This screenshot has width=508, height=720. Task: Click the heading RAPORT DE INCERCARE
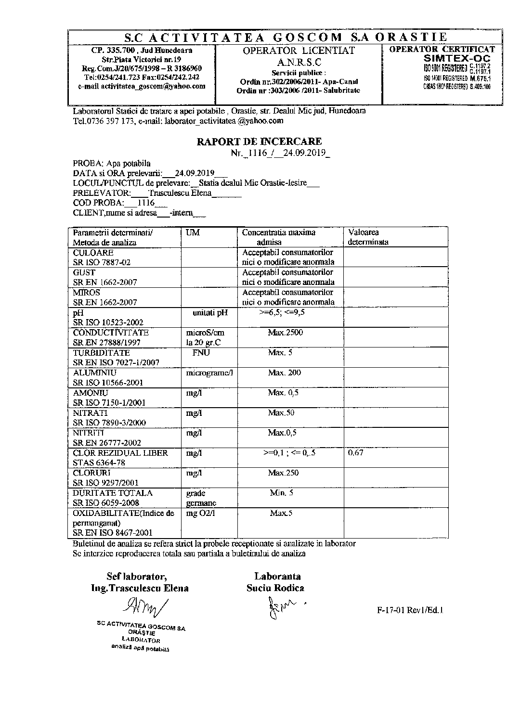[x=259, y=141]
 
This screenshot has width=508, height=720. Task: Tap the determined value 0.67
[x=355, y=453]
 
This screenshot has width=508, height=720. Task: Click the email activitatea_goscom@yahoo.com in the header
[x=142, y=86]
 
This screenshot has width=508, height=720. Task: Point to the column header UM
[x=193, y=232]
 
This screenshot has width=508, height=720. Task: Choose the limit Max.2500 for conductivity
[x=286, y=333]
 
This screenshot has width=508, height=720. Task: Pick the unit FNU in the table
[x=201, y=353]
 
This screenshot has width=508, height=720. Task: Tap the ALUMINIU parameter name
[x=94, y=373]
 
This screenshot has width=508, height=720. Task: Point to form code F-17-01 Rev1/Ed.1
[x=410, y=610]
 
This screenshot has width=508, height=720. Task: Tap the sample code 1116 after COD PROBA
[x=146, y=203]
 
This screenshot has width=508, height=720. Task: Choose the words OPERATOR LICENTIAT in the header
[x=299, y=51]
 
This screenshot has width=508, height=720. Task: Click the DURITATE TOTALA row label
[x=113, y=493]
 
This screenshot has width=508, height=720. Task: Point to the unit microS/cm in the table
[x=205, y=333]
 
